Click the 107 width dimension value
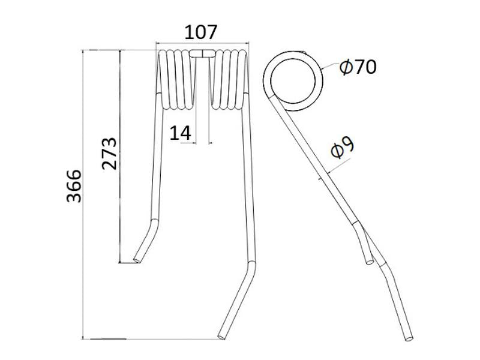pos(200,32)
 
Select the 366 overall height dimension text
pos(73,187)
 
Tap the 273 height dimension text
pos(109,154)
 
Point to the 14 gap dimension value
pos(181,133)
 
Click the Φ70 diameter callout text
pos(358,67)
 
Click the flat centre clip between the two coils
pos(202,54)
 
